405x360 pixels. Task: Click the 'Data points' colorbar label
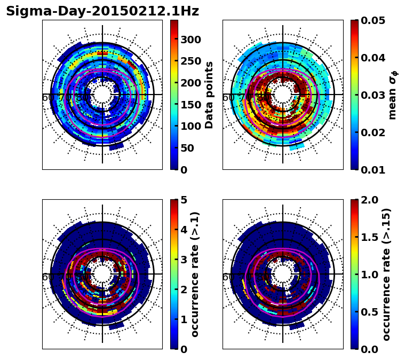[x=209, y=95]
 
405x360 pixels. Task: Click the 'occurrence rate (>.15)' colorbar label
[x=386, y=274]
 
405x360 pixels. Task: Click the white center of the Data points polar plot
[x=102, y=95]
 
